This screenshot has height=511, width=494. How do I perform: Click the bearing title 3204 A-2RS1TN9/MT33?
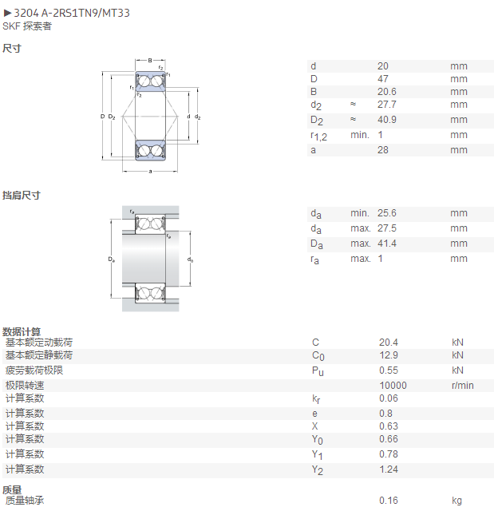tap(72, 13)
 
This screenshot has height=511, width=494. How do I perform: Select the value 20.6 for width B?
tap(387, 92)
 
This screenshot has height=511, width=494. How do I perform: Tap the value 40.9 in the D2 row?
tap(387, 120)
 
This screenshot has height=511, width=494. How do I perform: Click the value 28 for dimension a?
tap(383, 150)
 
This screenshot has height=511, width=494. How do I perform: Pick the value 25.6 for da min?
tap(387, 213)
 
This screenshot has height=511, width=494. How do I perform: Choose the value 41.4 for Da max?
tap(387, 244)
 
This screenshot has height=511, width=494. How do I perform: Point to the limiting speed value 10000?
tap(393, 386)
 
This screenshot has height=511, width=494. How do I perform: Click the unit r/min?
tap(462, 386)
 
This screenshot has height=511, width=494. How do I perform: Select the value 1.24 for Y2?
tap(389, 469)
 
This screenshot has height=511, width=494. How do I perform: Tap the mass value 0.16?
tap(389, 501)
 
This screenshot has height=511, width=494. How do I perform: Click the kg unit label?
tap(456, 501)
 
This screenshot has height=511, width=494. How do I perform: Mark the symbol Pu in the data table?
tap(318, 371)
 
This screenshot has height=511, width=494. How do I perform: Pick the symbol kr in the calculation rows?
tap(316, 399)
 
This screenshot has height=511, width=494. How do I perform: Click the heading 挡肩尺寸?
tap(22, 196)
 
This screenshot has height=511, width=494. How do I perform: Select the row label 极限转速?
tap(25, 386)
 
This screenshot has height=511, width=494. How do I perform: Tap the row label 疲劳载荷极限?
tap(34, 370)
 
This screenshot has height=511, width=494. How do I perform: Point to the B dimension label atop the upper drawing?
tap(150, 61)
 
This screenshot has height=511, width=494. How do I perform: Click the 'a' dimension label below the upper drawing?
tap(150, 172)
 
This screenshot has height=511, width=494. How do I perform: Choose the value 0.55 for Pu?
tap(389, 370)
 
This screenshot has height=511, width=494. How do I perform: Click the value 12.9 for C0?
tap(389, 355)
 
